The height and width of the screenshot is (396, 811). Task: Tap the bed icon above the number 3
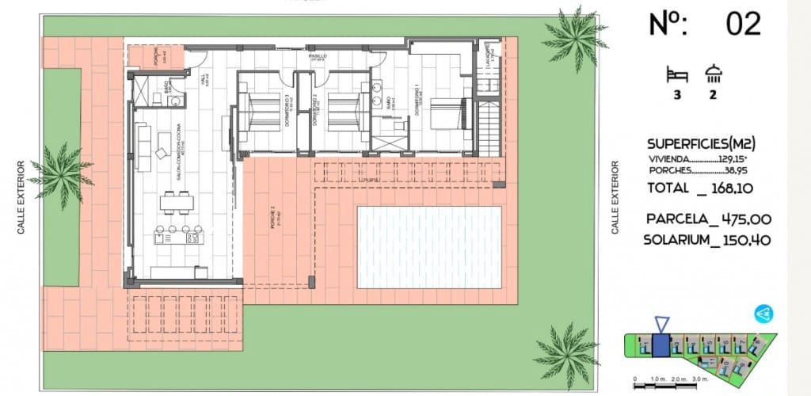[676, 75]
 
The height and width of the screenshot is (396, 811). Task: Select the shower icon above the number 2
[713, 74]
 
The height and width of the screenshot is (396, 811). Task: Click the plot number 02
[743, 24]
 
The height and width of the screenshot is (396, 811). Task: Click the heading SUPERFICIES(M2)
[701, 144]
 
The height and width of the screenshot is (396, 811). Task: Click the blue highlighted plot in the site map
[661, 346]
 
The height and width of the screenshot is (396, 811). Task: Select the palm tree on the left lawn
[62, 175]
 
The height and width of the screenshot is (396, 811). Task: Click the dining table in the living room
[176, 202]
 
